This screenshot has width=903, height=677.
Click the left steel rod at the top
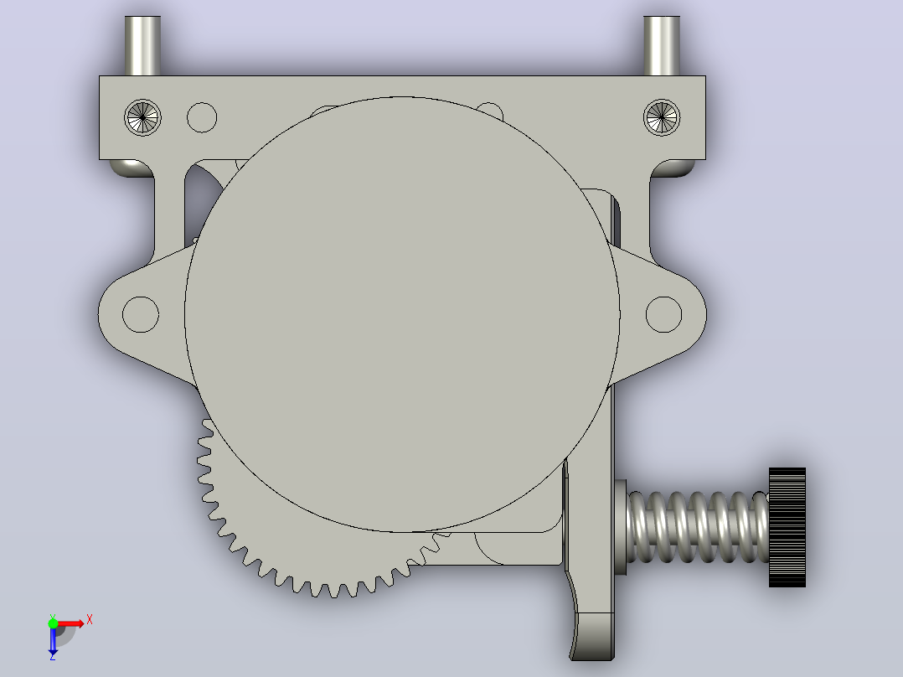(142, 45)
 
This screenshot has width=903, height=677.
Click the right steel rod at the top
(662, 45)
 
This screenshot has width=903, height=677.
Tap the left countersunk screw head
(142, 117)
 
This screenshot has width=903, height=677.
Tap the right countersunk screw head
(662, 117)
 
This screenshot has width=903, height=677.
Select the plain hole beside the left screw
(202, 117)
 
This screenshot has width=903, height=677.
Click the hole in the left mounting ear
(141, 314)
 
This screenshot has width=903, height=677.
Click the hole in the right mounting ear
(664, 314)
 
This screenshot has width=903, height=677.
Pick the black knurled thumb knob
(787, 527)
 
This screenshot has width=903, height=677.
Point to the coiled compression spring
(698, 527)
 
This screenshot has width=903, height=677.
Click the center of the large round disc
(402, 314)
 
